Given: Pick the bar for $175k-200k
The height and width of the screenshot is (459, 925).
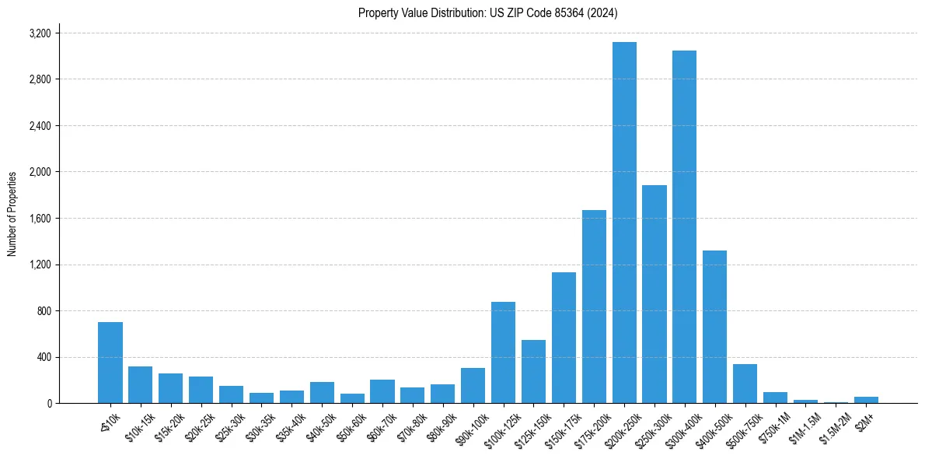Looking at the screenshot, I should [x=594, y=307].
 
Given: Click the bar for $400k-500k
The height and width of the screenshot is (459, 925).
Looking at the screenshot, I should [x=714, y=327].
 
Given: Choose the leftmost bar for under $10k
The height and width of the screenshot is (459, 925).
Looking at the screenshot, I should [x=110, y=363].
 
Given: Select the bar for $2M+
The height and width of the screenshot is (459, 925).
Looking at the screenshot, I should [x=866, y=400].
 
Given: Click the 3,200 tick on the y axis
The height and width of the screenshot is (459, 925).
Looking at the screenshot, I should [x=40, y=33].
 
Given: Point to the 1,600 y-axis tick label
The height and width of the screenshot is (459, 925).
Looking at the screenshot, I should [x=40, y=219].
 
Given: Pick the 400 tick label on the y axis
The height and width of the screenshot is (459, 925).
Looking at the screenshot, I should [x=44, y=357].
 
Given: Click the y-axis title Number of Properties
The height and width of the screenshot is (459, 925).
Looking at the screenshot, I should [x=12, y=214].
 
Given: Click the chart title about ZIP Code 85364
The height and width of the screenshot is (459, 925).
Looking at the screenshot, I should [x=487, y=12].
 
